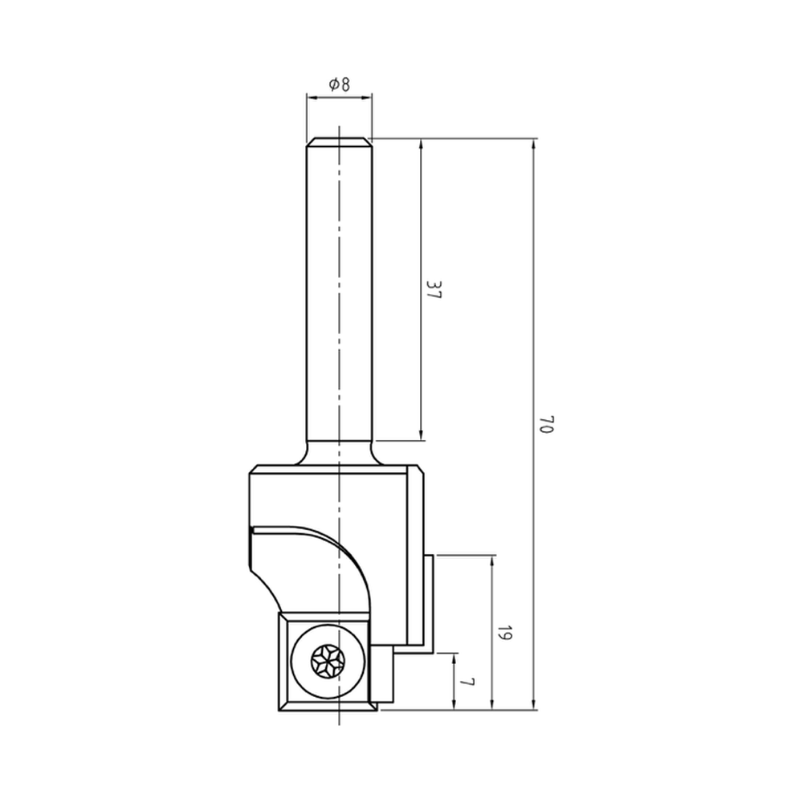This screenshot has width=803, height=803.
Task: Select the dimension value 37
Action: (x=434, y=290)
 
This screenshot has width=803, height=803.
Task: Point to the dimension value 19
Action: (x=504, y=633)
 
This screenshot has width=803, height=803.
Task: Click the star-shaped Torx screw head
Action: (x=328, y=662)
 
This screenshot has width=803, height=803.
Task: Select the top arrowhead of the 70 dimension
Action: (x=535, y=145)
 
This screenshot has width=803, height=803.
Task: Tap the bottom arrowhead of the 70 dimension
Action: (x=535, y=704)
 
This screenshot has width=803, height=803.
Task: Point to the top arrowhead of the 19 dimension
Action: (x=491, y=560)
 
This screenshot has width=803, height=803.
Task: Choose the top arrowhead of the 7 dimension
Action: (x=454, y=659)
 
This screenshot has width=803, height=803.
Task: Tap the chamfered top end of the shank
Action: (x=339, y=142)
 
